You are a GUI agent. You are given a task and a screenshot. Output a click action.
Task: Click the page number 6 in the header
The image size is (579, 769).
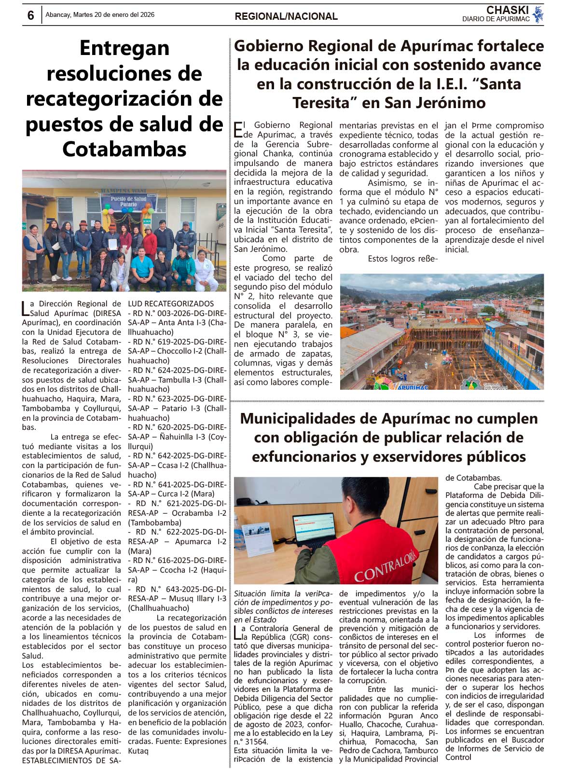tap(31, 15)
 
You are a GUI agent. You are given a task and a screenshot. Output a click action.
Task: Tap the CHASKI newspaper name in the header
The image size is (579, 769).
tap(507, 10)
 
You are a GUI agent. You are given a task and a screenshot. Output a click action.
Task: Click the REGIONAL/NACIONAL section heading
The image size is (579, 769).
tap(286, 16)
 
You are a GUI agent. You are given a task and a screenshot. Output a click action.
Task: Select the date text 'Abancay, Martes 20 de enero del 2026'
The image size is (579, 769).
tap(100, 15)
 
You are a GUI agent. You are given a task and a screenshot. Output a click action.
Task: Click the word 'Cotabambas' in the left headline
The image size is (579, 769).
tap(124, 149)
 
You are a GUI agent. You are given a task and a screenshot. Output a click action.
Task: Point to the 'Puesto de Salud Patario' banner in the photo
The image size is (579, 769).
tap(128, 202)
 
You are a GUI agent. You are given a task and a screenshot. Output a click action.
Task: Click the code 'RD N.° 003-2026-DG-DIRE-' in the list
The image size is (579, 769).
tap(177, 313)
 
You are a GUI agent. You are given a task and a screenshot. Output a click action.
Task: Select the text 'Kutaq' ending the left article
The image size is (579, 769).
tap(138, 751)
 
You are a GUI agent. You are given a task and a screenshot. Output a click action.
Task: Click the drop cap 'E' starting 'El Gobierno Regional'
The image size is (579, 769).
tap(238, 129)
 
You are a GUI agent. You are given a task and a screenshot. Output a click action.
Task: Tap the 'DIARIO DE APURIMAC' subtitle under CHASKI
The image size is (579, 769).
tap(496, 19)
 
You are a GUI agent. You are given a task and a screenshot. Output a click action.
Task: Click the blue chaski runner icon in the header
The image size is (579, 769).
tap(538, 14)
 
